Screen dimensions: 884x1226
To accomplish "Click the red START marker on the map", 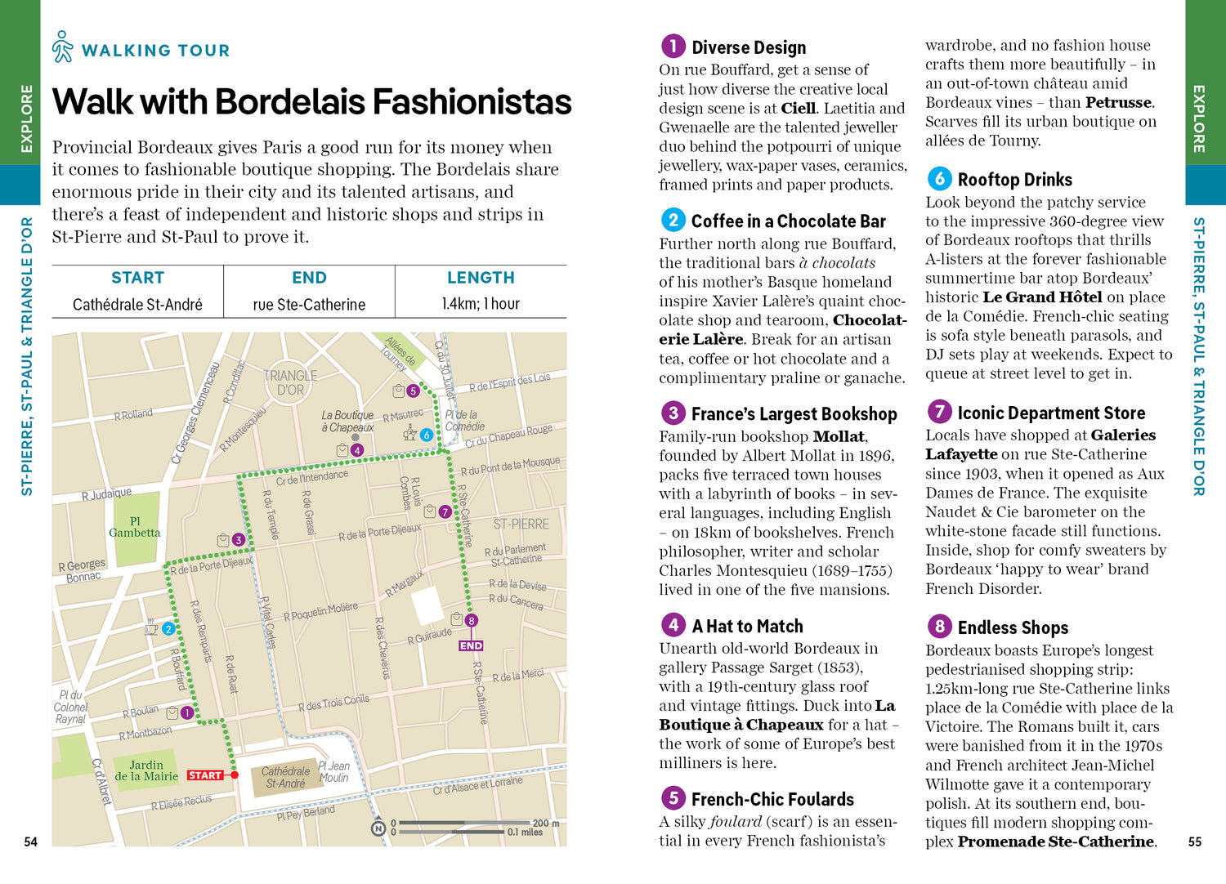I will [205, 775].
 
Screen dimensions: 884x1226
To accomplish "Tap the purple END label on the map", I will [471, 645].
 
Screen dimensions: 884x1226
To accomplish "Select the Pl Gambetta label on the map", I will [135, 527].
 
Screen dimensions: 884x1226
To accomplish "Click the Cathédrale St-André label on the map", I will [285, 777].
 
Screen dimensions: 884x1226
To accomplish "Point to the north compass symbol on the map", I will [378, 828].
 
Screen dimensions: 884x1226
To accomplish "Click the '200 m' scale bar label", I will [546, 823].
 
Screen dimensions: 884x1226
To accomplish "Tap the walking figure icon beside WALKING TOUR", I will [62, 47].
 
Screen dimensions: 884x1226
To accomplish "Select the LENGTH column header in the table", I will [481, 278].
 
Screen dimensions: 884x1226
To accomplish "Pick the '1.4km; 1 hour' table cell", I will [481, 304].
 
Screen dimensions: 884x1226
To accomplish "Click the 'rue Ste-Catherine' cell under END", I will [309, 305].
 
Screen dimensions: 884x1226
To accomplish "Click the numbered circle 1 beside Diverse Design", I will [673, 46].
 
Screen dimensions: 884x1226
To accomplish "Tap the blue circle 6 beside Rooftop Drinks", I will [939, 178].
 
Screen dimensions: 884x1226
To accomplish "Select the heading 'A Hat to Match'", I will [747, 627].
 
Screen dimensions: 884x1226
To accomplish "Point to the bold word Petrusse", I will [1119, 103].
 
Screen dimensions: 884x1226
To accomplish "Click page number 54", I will [31, 842].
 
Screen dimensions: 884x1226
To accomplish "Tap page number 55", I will [1195, 842].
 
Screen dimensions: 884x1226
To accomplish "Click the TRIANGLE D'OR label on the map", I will [290, 382].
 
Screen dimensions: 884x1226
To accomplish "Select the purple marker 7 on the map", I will [445, 511].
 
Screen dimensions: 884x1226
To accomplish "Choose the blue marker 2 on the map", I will [168, 628].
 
